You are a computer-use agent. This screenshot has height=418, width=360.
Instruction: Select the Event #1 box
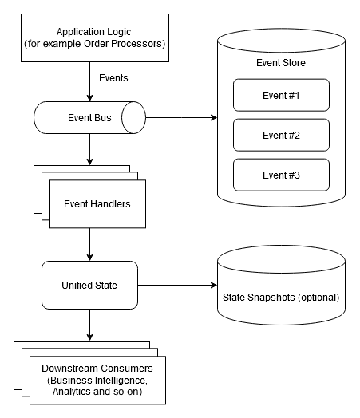280,95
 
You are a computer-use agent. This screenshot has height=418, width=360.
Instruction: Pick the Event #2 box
280,135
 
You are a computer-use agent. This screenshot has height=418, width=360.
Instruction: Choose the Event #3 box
280,175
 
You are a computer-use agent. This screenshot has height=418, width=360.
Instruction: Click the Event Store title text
280,62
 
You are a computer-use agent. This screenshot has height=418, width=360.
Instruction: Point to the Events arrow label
113,78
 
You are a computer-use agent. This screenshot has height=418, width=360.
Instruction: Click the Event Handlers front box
97,203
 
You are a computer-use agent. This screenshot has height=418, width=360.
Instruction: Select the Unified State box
89,286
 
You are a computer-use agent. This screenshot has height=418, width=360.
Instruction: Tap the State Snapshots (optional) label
280,298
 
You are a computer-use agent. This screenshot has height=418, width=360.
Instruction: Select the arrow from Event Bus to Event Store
181,119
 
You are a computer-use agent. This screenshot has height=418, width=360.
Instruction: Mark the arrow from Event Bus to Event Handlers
89,149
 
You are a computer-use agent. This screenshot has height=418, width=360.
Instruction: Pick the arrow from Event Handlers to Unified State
89,243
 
